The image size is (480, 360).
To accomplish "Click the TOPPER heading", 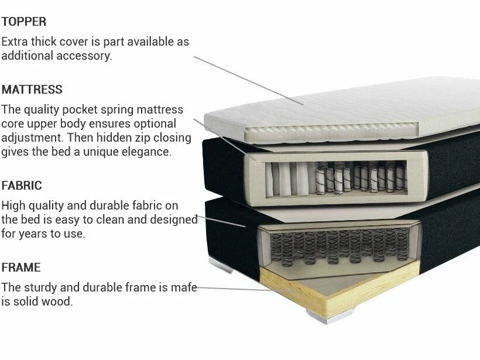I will click(24, 22).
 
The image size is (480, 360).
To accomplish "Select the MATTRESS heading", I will click(32, 90).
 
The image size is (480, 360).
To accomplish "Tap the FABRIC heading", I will click(22, 186).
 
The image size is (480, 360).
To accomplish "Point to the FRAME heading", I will click(21, 268).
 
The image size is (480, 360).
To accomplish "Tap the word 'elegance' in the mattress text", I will click(146, 152).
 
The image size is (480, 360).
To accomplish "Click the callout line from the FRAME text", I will click(246, 289).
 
